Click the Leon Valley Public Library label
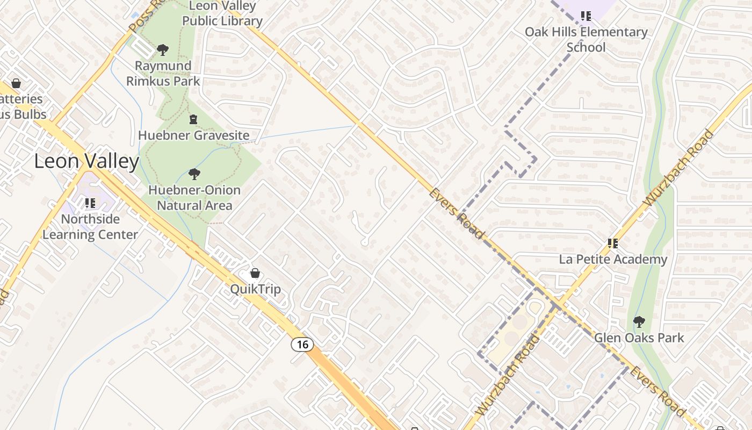click(x=222, y=14)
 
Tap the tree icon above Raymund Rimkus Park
click(x=163, y=50)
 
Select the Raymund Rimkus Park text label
click(x=163, y=74)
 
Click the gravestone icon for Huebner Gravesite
click(x=193, y=119)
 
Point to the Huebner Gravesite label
click(x=193, y=135)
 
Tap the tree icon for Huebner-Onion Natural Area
click(x=194, y=174)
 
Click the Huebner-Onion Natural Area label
click(x=194, y=198)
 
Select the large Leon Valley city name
click(x=86, y=161)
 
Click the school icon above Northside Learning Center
click(x=90, y=203)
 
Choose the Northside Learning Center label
click(x=90, y=227)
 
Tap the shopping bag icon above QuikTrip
click(x=255, y=274)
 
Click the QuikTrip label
click(x=255, y=289)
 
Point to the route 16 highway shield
click(x=302, y=344)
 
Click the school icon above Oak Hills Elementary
click(x=586, y=16)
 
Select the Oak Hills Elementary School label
click(x=586, y=39)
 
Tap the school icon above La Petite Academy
click(x=613, y=243)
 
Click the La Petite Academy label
click(x=613, y=260)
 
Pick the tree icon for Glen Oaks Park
click(x=639, y=322)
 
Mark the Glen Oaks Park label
click(x=639, y=338)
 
